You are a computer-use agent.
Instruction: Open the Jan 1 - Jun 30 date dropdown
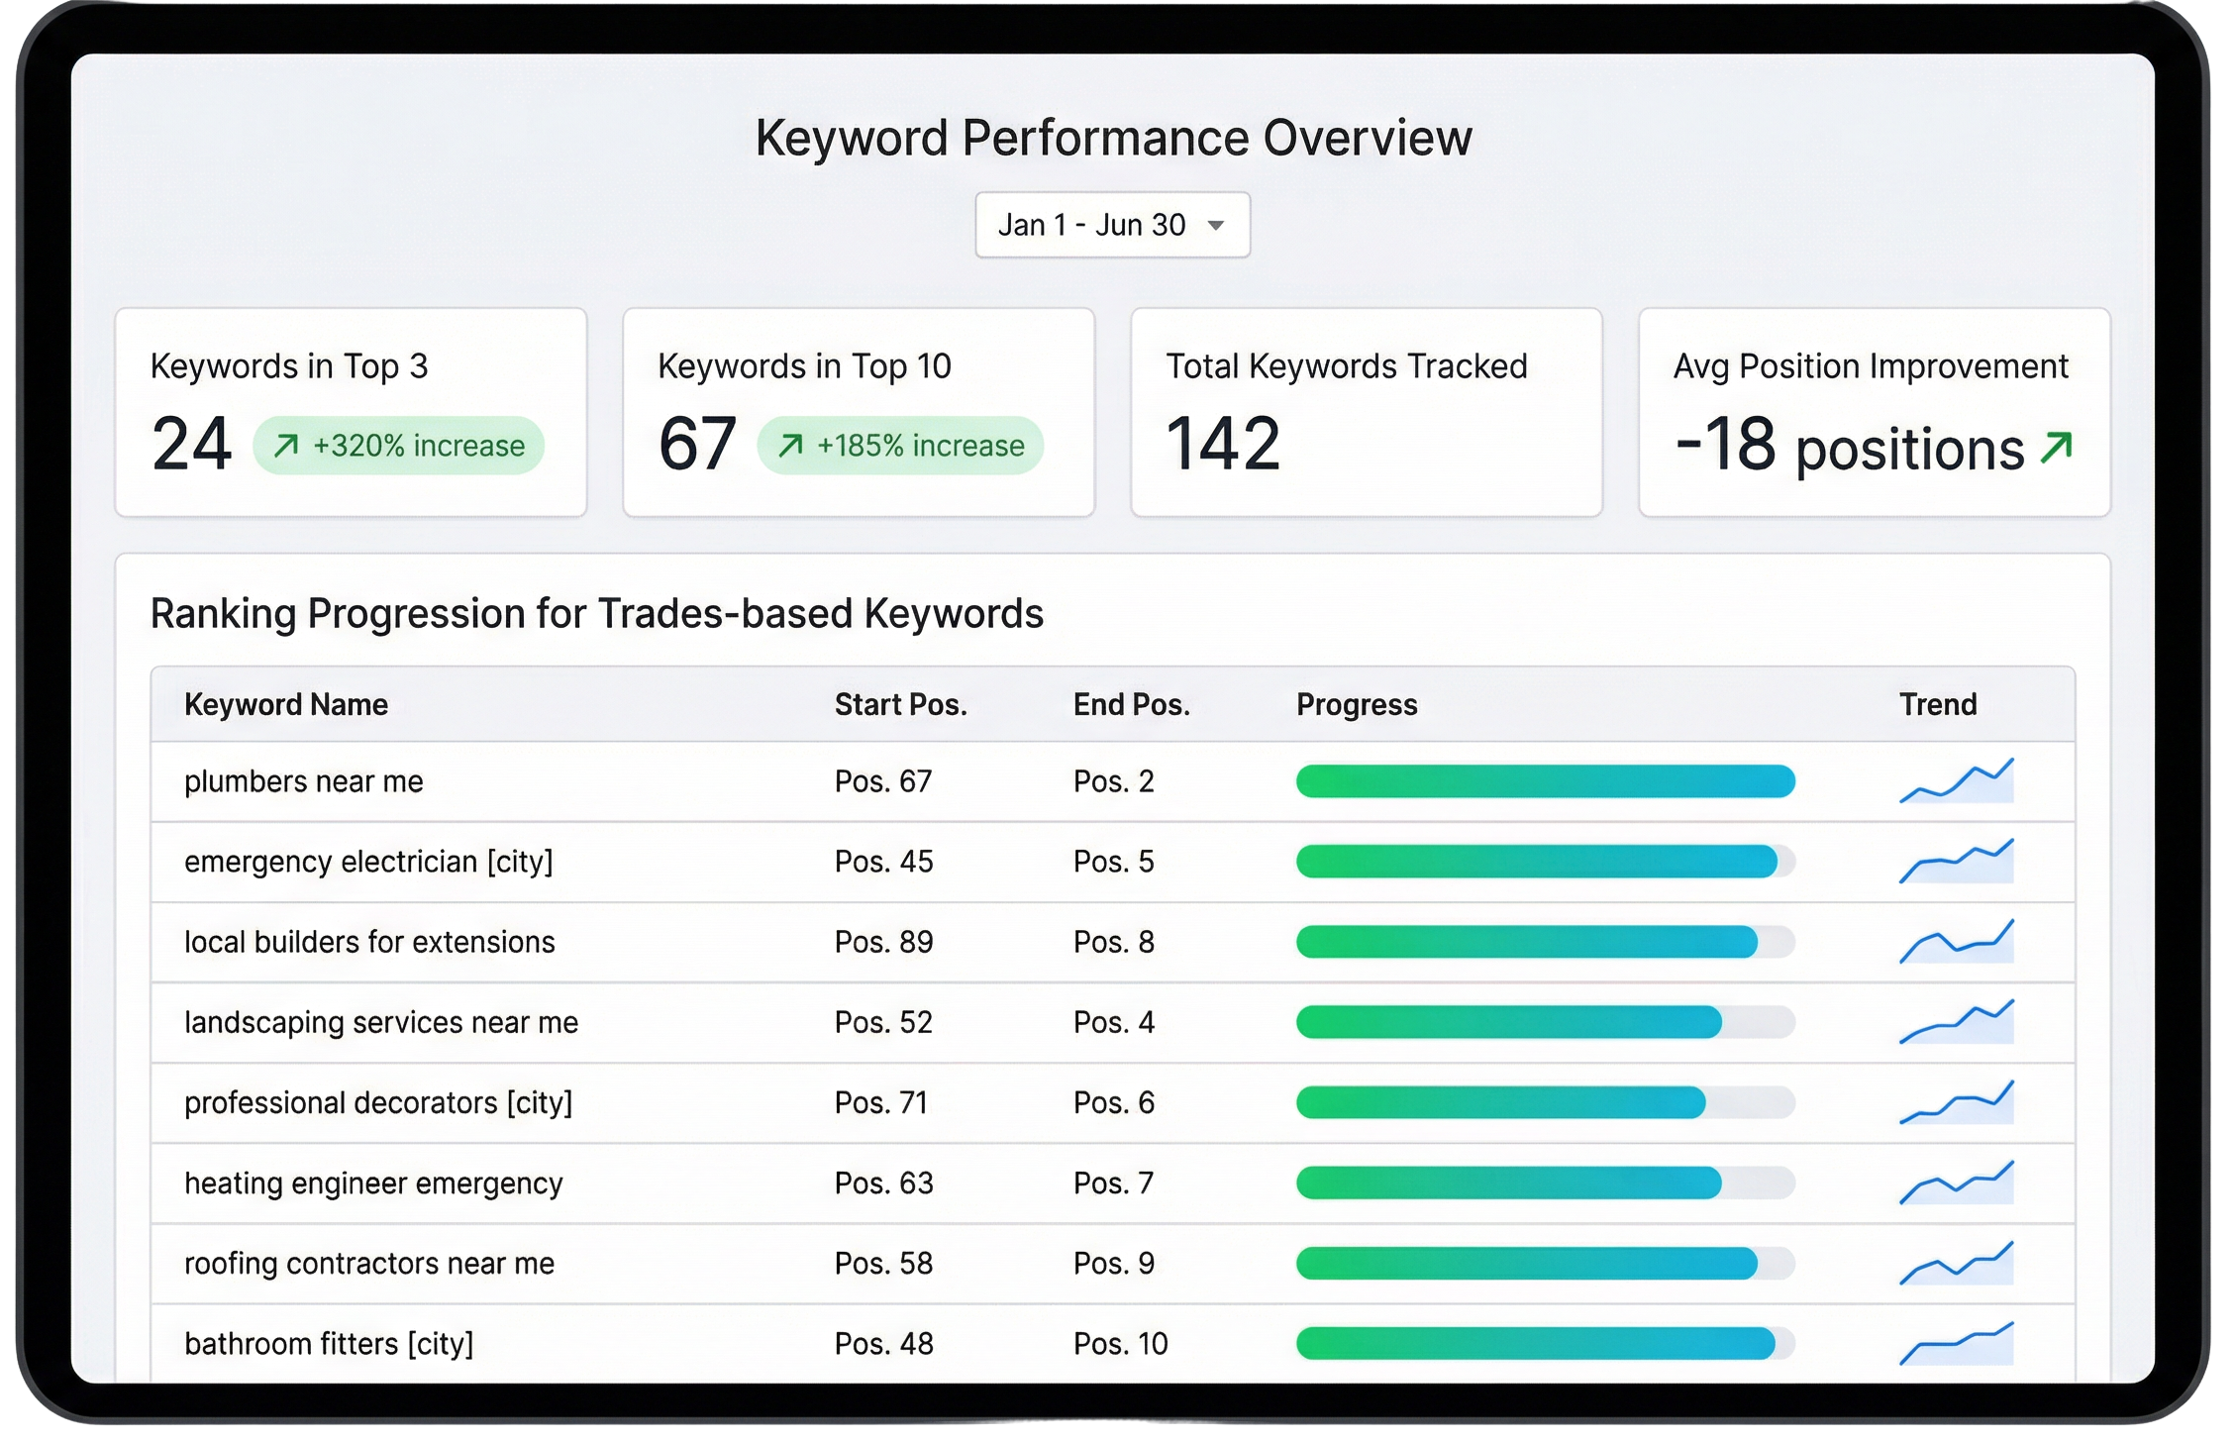tap(1112, 225)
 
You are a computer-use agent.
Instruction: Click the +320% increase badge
tap(398, 446)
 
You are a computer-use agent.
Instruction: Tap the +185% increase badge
tap(900, 446)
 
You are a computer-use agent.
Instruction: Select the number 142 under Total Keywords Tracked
tap(1223, 444)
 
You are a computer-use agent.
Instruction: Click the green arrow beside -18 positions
tap(2056, 448)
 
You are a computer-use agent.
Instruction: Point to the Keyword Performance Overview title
tap(1113, 138)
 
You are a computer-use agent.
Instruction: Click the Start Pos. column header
tap(900, 704)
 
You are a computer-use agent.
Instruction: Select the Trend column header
tap(1937, 704)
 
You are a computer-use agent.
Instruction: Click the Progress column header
tap(1357, 704)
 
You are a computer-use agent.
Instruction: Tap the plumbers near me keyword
tap(304, 781)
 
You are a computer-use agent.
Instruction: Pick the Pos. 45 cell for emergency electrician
tap(883, 862)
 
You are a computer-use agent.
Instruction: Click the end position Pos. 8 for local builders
tap(1114, 942)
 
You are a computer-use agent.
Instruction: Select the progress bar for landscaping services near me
tap(1545, 1022)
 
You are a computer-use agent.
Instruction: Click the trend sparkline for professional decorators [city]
tap(1957, 1102)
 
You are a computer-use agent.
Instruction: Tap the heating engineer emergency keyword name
tap(373, 1184)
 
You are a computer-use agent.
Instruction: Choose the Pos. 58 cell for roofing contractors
tap(883, 1264)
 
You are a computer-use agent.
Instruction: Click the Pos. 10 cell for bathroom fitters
tap(1121, 1344)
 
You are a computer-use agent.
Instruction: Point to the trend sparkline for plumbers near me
tap(1957, 781)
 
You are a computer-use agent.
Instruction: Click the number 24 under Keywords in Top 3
tap(192, 444)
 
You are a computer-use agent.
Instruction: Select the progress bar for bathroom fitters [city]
tap(1545, 1344)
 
